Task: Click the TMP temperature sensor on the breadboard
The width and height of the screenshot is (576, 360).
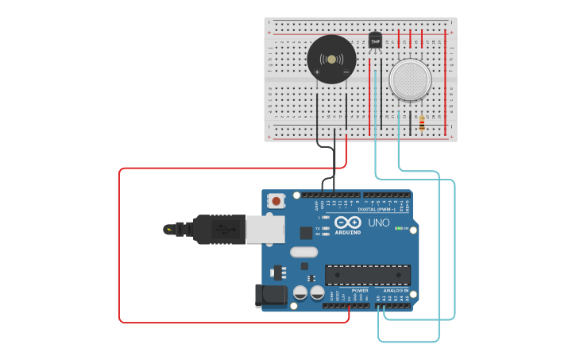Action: click(375, 41)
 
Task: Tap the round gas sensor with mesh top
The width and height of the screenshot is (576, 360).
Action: click(410, 79)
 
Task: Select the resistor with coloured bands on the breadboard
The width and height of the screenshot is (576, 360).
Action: click(420, 122)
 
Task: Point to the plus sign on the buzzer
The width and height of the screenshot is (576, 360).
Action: click(317, 73)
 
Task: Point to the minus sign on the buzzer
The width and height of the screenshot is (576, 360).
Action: click(346, 73)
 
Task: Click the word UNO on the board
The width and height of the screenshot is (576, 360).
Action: click(379, 223)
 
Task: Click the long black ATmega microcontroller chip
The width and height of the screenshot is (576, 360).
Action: click(367, 275)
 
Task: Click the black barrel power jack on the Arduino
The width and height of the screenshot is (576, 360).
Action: click(269, 295)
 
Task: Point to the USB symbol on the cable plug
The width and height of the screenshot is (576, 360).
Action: click(225, 230)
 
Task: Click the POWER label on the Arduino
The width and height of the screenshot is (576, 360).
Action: click(361, 291)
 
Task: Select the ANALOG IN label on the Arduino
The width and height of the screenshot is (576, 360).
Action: click(395, 291)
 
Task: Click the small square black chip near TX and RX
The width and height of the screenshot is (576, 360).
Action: click(306, 233)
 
